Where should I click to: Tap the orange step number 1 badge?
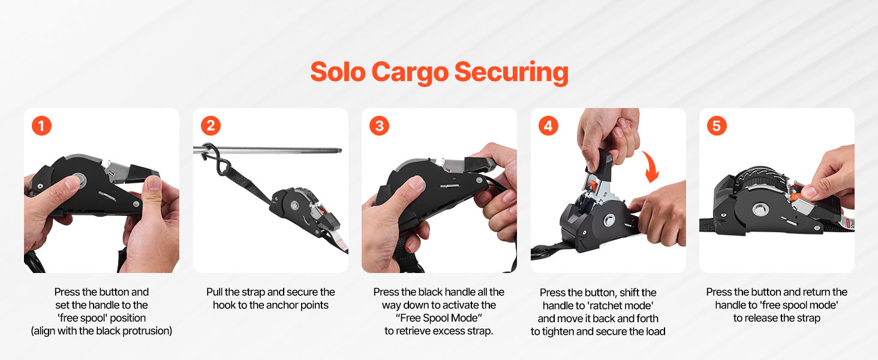(41, 126)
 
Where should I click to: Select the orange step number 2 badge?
(211, 126)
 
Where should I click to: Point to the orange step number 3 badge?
(379, 126)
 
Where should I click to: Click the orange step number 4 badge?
(548, 126)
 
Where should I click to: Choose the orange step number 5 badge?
(717, 126)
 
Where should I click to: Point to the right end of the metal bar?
(341, 151)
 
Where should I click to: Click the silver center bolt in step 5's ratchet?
(760, 209)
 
